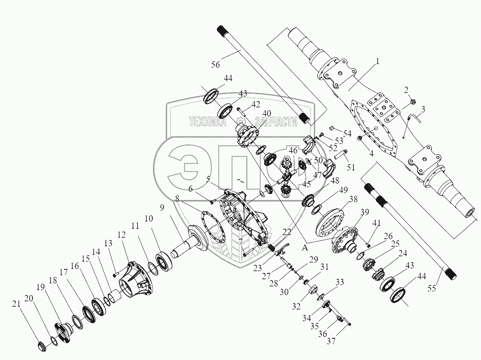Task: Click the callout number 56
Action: point(215,65)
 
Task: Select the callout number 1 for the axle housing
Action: point(378,60)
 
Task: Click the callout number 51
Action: point(351,167)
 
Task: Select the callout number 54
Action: point(347,134)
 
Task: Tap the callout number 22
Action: point(287,231)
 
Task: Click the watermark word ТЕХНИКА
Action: point(208,122)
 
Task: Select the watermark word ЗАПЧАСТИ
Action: point(276,122)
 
